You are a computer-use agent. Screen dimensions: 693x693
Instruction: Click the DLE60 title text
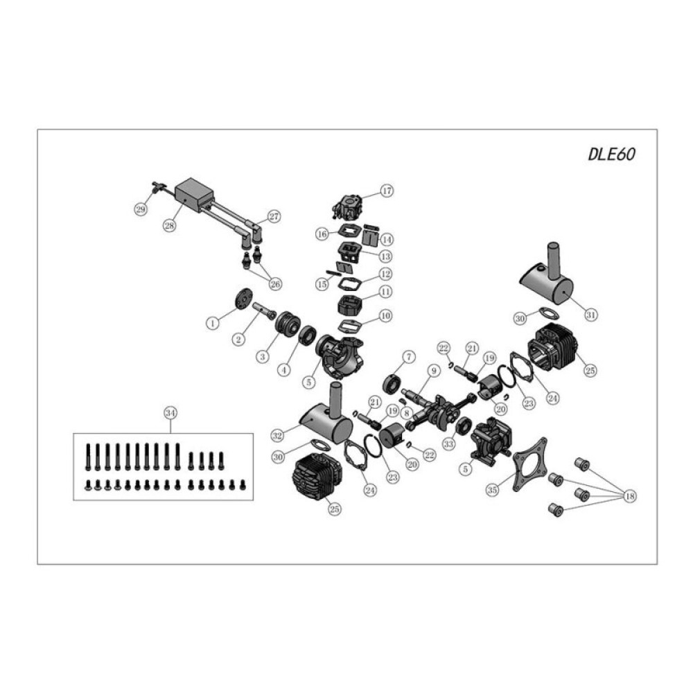(x=611, y=154)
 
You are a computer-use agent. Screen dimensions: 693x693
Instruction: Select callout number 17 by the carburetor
(x=386, y=191)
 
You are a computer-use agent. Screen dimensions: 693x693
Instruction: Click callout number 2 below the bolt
(x=238, y=339)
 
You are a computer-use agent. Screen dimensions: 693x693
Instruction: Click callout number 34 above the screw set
(x=169, y=413)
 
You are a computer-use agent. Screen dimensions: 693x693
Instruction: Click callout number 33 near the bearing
(x=448, y=443)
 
